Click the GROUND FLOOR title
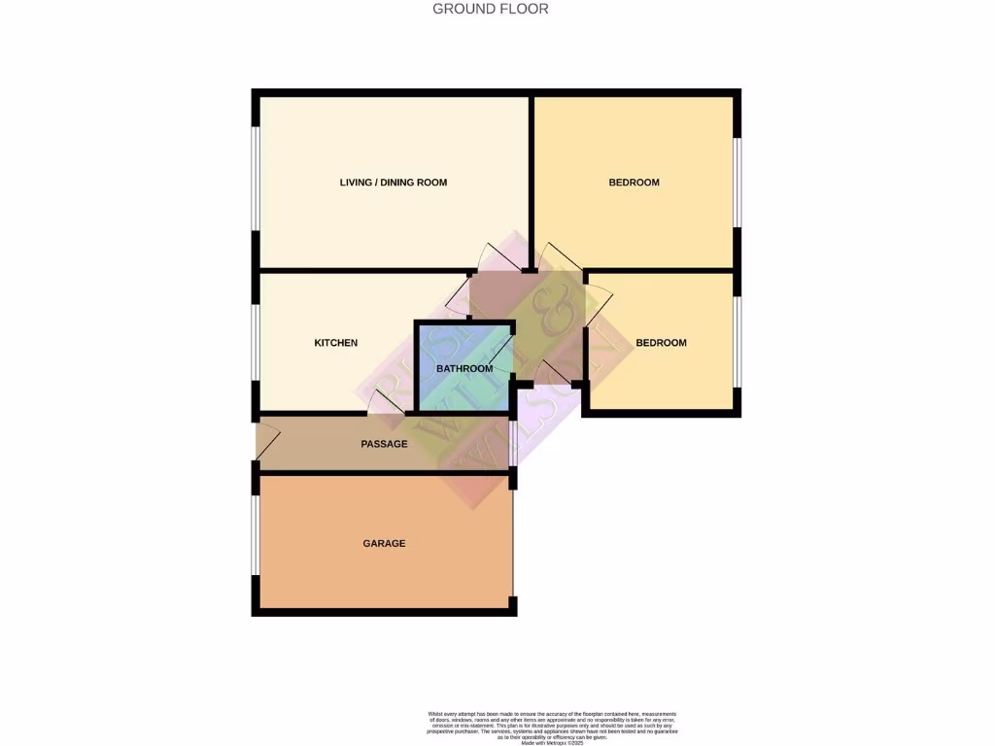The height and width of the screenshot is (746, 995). click(x=490, y=9)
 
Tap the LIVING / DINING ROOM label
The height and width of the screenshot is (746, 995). click(x=393, y=183)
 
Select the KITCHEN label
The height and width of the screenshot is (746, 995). click(x=335, y=343)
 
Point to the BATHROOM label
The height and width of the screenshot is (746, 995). click(x=463, y=369)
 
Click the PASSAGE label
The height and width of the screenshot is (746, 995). click(x=384, y=444)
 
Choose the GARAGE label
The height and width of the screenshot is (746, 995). click(x=384, y=544)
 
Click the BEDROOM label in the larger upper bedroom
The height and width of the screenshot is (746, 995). click(x=634, y=183)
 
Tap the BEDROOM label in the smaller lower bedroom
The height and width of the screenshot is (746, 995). click(x=661, y=343)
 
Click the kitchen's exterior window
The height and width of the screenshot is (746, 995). click(x=256, y=343)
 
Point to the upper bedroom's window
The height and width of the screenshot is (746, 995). click(x=737, y=182)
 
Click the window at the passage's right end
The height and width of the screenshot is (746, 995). click(x=513, y=444)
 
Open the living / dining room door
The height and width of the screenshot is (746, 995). click(x=501, y=256)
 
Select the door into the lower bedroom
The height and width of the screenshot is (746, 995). click(x=597, y=303)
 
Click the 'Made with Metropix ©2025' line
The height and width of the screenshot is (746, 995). click(x=553, y=741)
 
